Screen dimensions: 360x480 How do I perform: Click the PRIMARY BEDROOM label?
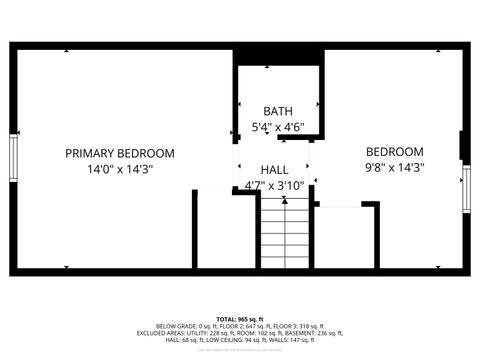point(120,153)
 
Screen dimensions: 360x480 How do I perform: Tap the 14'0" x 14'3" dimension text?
point(120,169)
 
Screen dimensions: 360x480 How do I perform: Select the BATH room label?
point(278,110)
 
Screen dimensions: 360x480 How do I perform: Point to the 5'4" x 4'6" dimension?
point(278,127)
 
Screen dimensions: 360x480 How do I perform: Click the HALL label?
point(275,170)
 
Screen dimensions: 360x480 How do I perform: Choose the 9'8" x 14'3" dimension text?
point(393,169)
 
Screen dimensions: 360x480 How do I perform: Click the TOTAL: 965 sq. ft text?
point(240,318)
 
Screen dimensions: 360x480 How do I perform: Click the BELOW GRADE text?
point(175,325)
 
